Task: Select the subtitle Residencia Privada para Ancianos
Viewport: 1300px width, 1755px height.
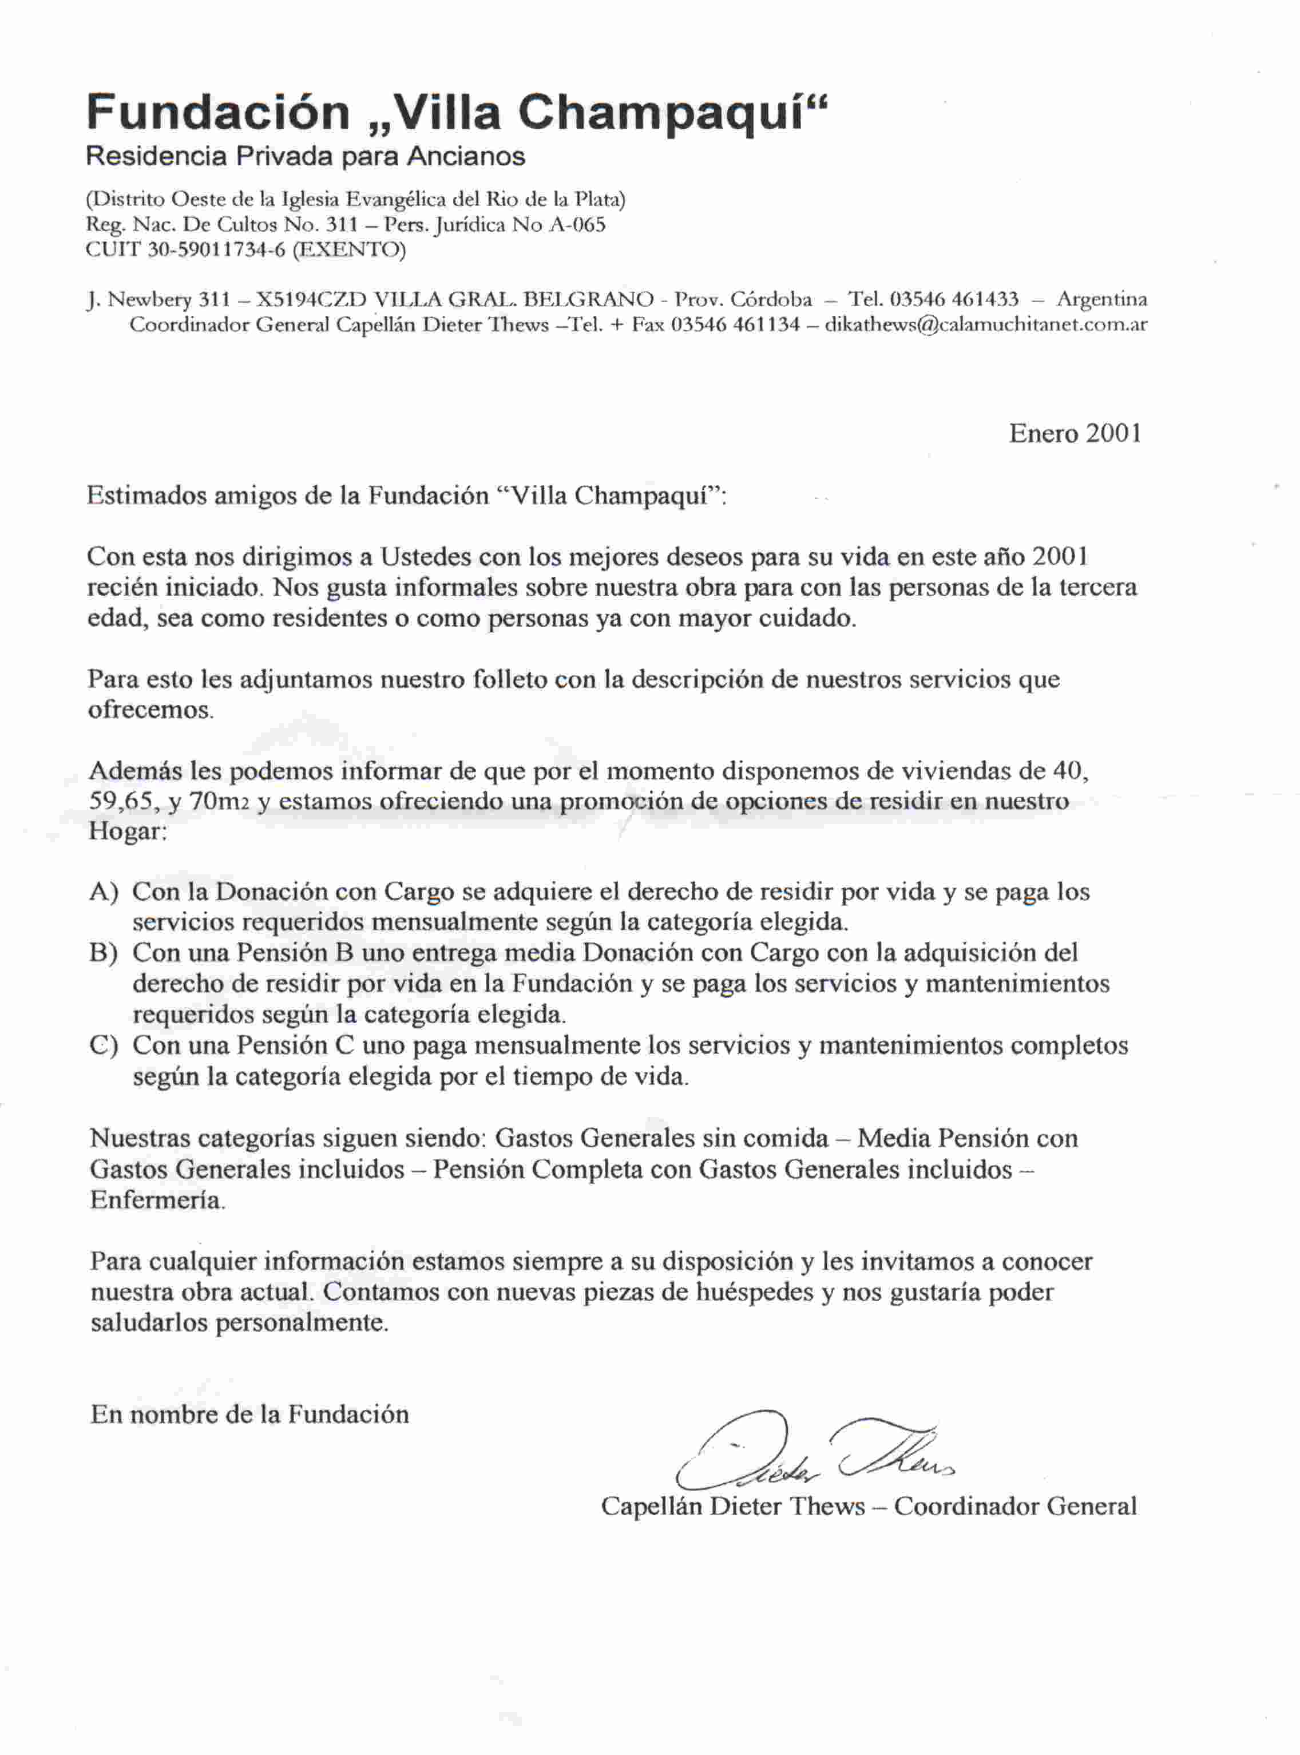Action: (x=306, y=157)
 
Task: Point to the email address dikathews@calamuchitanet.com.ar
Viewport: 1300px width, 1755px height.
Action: (x=985, y=324)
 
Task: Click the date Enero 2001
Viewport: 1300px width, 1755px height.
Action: (x=1075, y=434)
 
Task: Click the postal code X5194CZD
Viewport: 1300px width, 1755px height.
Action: (x=311, y=300)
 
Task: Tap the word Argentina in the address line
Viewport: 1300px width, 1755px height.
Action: (x=1101, y=300)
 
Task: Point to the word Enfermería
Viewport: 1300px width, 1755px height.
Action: (x=157, y=1201)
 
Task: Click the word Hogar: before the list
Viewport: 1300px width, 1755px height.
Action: (x=126, y=833)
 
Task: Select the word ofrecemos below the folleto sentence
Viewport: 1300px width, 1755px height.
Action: (x=149, y=710)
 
